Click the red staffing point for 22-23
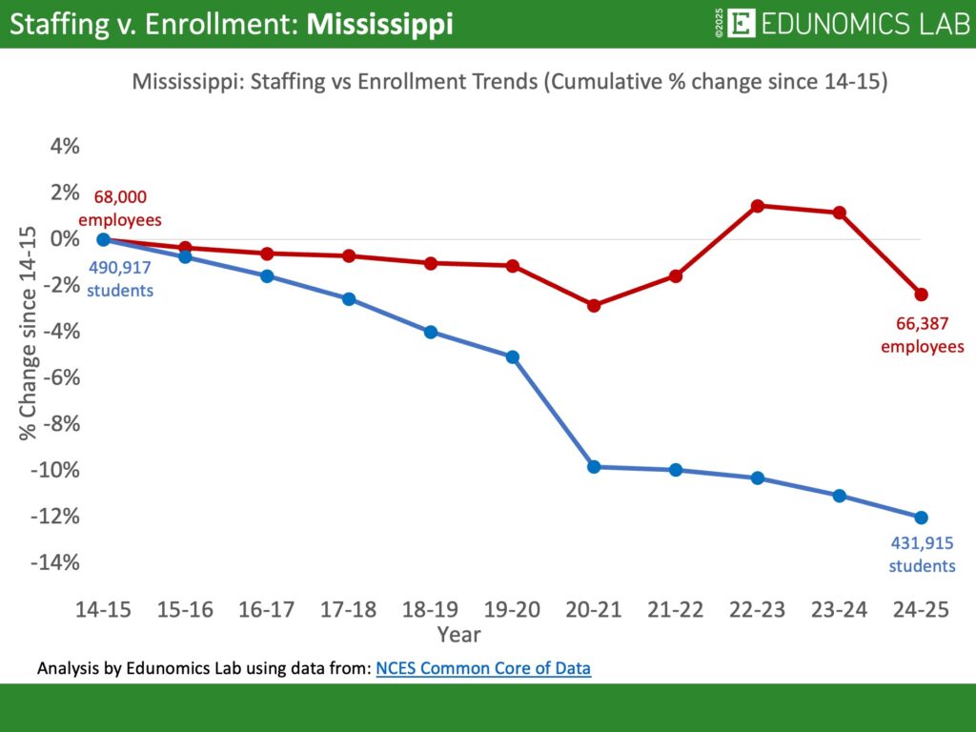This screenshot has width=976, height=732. pyautogui.click(x=758, y=206)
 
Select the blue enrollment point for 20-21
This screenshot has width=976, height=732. pyautogui.click(x=594, y=467)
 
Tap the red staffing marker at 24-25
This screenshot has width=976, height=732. pyautogui.click(x=921, y=295)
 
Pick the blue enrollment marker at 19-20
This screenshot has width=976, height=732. pyautogui.click(x=513, y=357)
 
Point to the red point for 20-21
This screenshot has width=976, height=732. pyautogui.click(x=594, y=306)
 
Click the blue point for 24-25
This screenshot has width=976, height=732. pyautogui.click(x=921, y=518)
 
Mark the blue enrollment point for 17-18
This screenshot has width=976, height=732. pyautogui.click(x=349, y=299)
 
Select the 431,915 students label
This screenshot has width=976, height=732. pyautogui.click(x=922, y=555)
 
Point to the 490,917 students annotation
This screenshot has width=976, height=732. pyautogui.click(x=120, y=278)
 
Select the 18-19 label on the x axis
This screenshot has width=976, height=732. pyautogui.click(x=431, y=611)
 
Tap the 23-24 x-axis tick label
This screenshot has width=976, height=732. pyautogui.click(x=839, y=611)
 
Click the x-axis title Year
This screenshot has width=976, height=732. pyautogui.click(x=458, y=634)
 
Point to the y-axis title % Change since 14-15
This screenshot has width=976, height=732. pyautogui.click(x=28, y=333)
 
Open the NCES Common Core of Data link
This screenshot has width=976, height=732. pyautogui.click(x=483, y=668)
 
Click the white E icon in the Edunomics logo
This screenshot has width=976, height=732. pyautogui.click(x=741, y=24)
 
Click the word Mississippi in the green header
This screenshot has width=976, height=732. pyautogui.click(x=379, y=24)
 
